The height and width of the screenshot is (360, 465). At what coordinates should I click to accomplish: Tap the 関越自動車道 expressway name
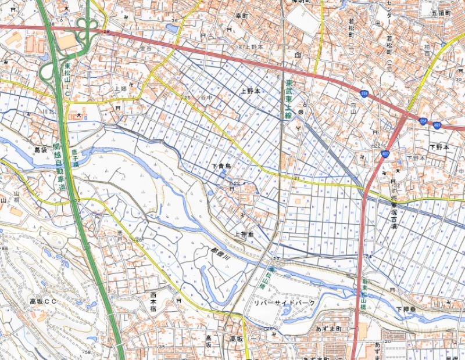tap(60, 166)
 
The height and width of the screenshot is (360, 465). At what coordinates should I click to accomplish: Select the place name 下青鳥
tap(221, 167)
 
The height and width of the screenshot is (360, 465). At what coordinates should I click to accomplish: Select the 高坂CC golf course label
tap(44, 302)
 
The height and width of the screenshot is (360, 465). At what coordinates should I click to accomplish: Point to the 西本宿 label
tap(153, 303)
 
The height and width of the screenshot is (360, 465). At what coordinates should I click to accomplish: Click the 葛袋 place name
tap(40, 150)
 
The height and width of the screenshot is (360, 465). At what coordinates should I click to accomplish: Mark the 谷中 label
tap(203, 98)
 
